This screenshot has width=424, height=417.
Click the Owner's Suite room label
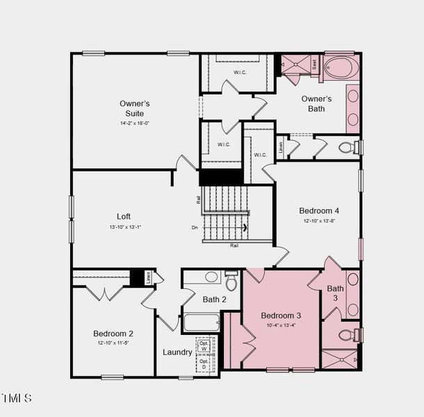coord(134,108)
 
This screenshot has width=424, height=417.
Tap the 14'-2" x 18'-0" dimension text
coord(134,123)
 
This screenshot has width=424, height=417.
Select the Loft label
coord(124,216)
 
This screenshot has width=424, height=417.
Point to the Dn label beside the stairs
coord(195,227)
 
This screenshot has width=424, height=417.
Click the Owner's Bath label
coord(316,104)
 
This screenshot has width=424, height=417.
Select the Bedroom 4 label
coord(319,211)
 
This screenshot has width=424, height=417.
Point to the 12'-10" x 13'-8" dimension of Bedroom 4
coord(319,221)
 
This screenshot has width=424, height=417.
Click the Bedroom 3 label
coord(281,315)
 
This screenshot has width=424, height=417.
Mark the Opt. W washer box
coord(204,346)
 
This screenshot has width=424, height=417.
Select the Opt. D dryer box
coord(204,364)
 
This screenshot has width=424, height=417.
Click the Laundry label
coord(177,352)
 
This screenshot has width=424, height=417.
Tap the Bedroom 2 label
coord(113,334)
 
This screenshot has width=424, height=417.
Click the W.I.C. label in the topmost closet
coord(240,72)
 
